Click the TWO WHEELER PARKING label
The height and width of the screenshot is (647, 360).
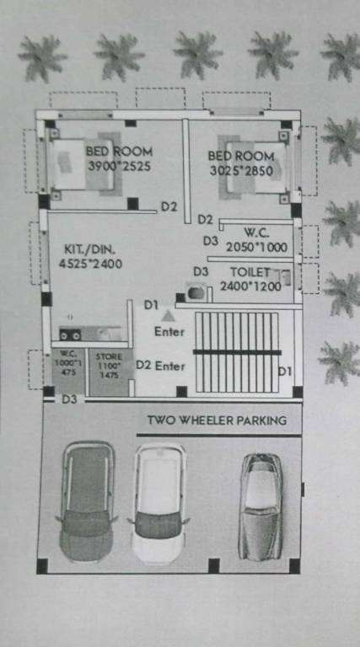[x=217, y=420]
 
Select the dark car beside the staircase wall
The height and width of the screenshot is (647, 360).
[x=85, y=502]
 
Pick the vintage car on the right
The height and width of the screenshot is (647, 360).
[x=260, y=505]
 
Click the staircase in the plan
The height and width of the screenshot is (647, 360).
[x=237, y=351]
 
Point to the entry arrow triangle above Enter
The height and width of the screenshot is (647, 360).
[x=169, y=316]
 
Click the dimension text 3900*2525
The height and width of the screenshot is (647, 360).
[x=119, y=167]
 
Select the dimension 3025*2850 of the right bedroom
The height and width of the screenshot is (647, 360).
[x=241, y=171]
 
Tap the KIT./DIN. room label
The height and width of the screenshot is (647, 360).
[x=89, y=249]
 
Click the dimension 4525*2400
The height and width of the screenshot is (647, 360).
[x=91, y=264]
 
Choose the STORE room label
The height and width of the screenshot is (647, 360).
[x=109, y=357]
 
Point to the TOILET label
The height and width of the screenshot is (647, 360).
[x=250, y=272]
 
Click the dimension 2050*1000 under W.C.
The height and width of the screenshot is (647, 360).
[x=257, y=248]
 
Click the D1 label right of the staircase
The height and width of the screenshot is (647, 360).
[x=285, y=372]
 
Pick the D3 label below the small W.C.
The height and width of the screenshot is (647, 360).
[x=68, y=399]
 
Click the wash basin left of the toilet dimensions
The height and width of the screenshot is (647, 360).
[x=196, y=292]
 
